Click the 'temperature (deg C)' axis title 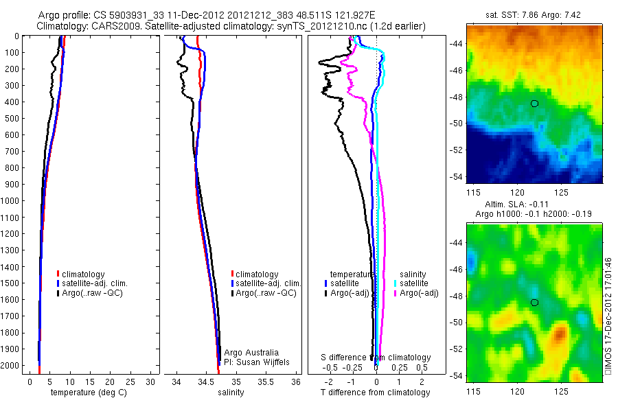pos(86,393)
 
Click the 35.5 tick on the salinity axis pos(266,381)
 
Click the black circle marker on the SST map pos(534,103)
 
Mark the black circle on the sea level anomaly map pos(534,302)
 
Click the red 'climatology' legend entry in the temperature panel pos(84,274)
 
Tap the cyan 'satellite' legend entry pos(413,283)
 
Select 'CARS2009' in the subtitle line pos(102,26)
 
